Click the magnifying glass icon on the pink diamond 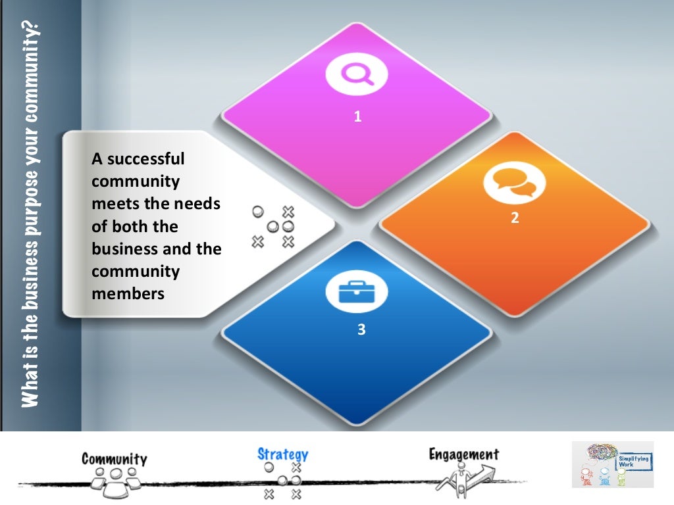coord(357,74)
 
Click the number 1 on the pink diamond coord(357,117)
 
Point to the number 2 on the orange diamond coord(515,218)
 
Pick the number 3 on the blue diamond coord(361,329)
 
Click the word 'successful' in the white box coord(145,160)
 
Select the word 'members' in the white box coord(128,293)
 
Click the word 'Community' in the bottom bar coord(115,458)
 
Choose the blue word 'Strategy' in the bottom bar coord(282,453)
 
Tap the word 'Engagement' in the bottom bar coord(463,454)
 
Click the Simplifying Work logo coord(612,464)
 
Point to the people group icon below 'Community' coord(116,479)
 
